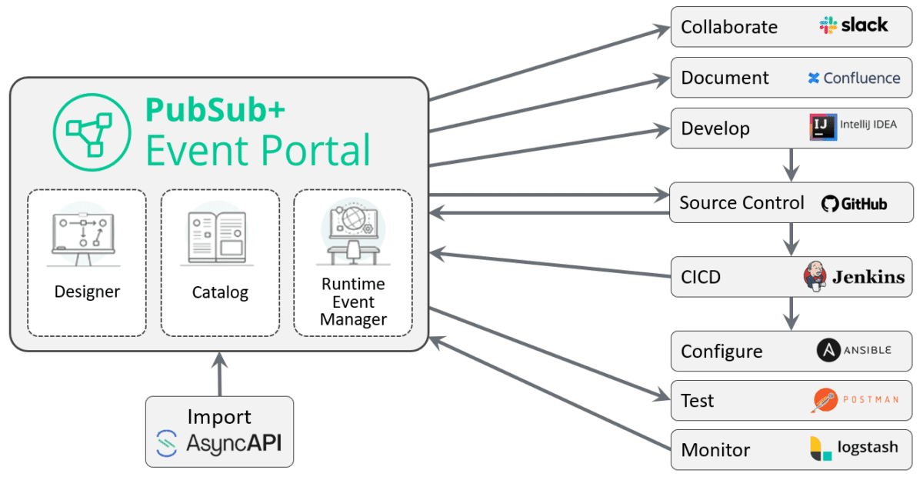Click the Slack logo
pos(853,25)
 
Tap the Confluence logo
pos(854,78)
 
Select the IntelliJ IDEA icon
pos(822,127)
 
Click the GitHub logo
pos(854,204)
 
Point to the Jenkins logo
pos(854,277)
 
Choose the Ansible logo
pos(854,351)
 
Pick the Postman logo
pos(854,400)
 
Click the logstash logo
pos(854,448)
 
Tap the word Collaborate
pos(728,27)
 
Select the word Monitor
pos(715,450)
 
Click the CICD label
pos(700,277)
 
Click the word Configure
pos(721,352)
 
